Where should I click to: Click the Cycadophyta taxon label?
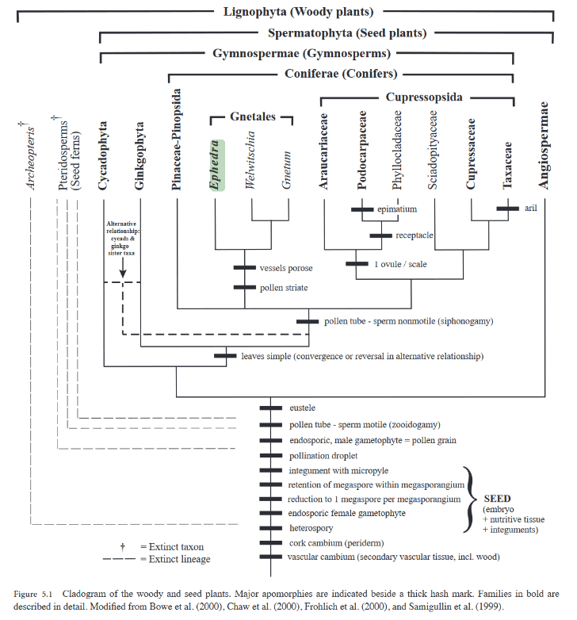point(104,155)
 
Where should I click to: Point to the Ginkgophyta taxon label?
point(140,156)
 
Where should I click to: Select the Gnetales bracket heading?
point(252,117)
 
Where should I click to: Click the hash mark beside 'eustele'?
point(270,408)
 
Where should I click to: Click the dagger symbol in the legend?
point(122,546)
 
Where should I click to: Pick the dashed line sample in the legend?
point(121,560)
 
